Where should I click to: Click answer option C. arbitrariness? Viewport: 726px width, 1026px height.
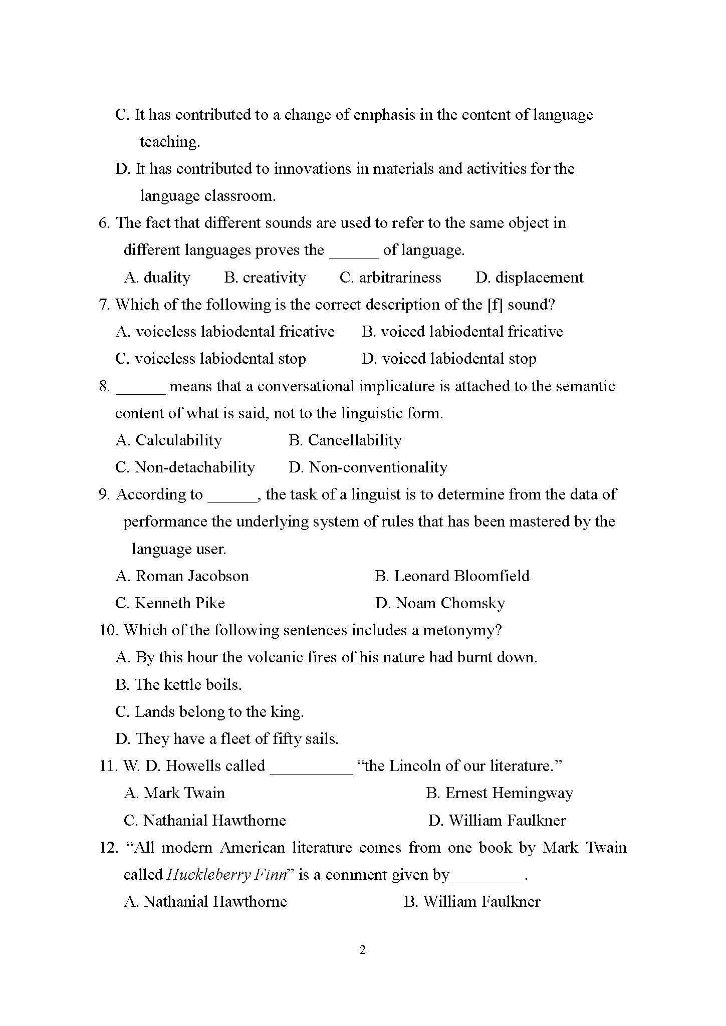pos(390,278)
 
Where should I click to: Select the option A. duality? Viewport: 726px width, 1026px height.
pos(157,278)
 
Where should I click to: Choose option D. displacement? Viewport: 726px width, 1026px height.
pos(529,278)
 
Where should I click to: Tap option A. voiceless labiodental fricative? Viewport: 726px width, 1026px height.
pos(225,332)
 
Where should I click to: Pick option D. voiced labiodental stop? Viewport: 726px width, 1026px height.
pos(449,359)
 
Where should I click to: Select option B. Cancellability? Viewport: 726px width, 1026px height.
pos(345,440)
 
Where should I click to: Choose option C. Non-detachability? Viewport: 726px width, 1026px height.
pos(185,467)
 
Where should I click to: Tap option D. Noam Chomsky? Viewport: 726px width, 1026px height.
pos(440,603)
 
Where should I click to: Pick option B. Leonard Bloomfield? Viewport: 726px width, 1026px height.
pos(452,576)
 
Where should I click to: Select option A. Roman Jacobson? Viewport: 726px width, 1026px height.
pos(182,576)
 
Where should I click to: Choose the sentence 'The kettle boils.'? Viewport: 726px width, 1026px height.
pos(178,685)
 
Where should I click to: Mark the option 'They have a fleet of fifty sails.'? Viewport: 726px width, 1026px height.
pos(227,739)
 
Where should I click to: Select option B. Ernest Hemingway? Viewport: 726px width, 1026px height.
pos(499,793)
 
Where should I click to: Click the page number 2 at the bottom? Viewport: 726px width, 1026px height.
pos(363,950)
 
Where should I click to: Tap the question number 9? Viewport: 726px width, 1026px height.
pos(104,495)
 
